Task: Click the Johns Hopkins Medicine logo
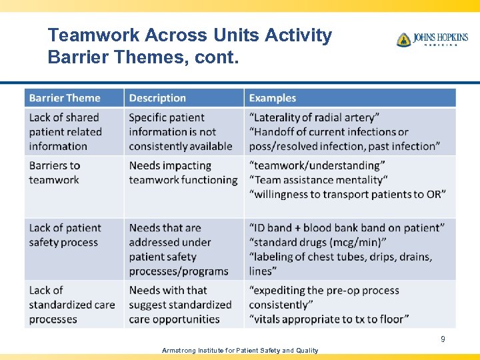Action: (x=431, y=40)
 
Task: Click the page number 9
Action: (x=443, y=339)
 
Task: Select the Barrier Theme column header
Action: (x=65, y=98)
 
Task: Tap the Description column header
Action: (x=157, y=98)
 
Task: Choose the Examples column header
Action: (x=272, y=98)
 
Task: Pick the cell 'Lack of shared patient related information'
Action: (x=65, y=132)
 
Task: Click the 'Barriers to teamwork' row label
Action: (x=55, y=173)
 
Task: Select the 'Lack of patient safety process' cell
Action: (x=65, y=235)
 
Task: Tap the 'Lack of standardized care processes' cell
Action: (x=71, y=305)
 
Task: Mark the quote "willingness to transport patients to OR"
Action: (x=347, y=194)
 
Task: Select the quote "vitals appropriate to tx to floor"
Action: (x=329, y=319)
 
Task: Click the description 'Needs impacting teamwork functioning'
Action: (x=183, y=173)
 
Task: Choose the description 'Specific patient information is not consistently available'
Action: (x=180, y=132)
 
